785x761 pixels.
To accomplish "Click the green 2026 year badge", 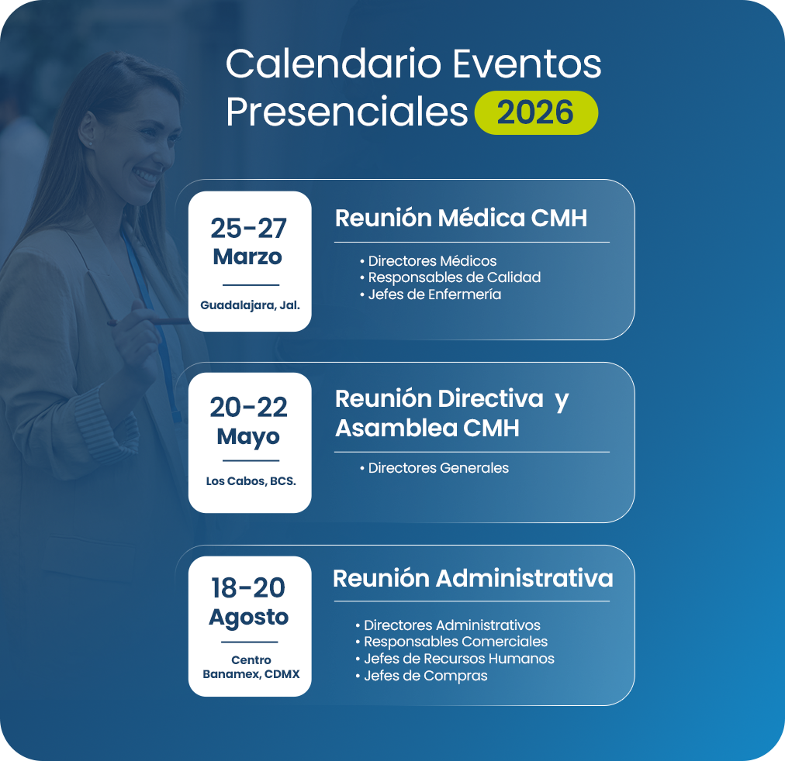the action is pos(536,112).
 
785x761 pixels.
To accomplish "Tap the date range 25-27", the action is pos(248,229).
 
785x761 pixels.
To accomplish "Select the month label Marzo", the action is pos(247,257).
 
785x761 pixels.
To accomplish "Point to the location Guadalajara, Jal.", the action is pos(250,305).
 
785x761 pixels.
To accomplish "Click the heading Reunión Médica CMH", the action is pos(461,218).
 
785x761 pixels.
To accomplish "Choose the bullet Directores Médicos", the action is pos(428,260).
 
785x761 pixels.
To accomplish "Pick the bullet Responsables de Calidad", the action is pos(450,277).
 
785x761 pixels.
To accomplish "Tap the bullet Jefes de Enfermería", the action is pos(430,294).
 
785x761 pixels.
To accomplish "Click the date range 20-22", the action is pos(248,407).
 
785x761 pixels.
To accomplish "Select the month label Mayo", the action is pos(247,437).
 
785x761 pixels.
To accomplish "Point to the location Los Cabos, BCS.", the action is pos(251,481).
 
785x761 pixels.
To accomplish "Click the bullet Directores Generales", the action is pos(434,468).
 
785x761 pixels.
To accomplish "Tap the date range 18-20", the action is pos(248,587).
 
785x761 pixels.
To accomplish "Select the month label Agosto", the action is pos(248,618).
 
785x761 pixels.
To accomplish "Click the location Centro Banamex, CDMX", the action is pos(251,667).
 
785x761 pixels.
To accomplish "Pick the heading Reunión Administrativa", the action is pos(472,579).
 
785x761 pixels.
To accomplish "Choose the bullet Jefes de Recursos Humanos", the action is pos(455,659).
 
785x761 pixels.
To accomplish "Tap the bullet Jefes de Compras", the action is pos(421,676).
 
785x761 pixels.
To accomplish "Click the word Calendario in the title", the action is pos(334,64).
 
